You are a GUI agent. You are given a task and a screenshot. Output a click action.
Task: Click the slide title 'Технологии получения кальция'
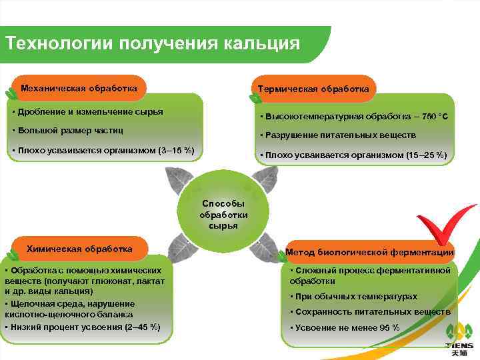click(x=152, y=43)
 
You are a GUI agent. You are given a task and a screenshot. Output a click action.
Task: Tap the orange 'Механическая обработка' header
click(x=79, y=88)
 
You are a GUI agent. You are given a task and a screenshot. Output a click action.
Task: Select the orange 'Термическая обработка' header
click(x=313, y=89)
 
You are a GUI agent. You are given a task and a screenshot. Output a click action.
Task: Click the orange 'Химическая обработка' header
click(x=79, y=249)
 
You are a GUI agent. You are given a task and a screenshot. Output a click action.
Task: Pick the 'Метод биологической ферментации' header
click(x=369, y=253)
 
